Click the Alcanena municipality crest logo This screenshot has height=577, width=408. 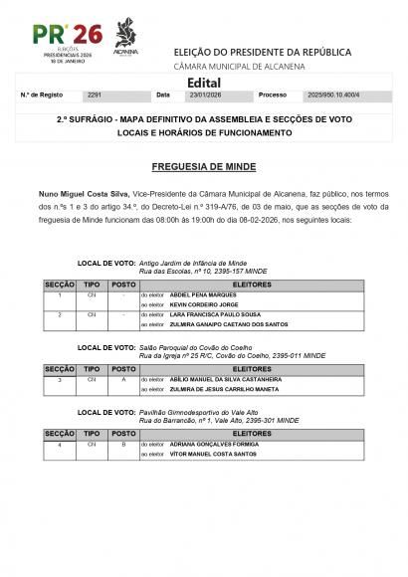pos(125,37)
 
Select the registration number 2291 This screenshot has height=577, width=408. pos(96,96)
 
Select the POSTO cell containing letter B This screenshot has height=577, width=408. pos(122,445)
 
